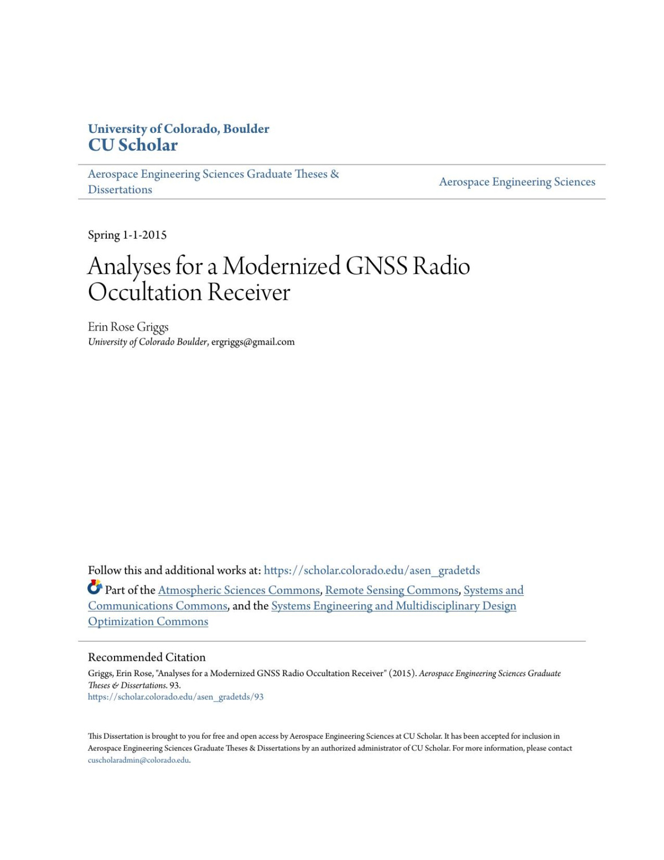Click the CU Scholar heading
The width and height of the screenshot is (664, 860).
133,145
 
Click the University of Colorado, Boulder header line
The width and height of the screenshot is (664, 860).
178,128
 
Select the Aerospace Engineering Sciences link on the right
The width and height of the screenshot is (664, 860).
517,182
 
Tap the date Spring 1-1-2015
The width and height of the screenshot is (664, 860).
127,235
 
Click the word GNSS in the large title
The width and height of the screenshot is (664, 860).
376,266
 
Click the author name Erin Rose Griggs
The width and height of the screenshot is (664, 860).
128,327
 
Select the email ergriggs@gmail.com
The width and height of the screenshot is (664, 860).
253,342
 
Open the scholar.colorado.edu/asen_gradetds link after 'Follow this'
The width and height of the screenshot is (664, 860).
371,570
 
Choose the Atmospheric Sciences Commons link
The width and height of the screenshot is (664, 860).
239,590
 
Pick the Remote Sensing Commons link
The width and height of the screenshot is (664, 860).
392,590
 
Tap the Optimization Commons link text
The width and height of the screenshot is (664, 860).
148,621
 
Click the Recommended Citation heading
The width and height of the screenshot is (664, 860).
147,657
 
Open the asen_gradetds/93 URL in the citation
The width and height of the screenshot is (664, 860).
175,697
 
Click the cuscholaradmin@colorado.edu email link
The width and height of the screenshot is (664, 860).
138,760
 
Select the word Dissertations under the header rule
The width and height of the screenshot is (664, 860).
120,189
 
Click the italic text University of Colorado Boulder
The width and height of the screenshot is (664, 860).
148,342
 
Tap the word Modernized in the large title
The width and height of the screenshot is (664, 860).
281,266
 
